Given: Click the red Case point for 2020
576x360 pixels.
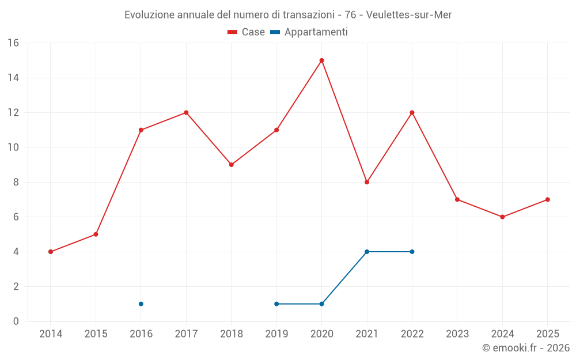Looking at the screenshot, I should point(321,60).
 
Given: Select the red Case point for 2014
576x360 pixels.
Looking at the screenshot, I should point(51,252).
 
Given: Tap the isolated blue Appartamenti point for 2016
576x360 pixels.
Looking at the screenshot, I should point(141,304).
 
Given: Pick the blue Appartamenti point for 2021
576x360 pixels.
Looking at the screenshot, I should point(367,252).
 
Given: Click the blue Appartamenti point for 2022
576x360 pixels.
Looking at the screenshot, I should point(412,252).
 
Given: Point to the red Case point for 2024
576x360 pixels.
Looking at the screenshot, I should point(502,217).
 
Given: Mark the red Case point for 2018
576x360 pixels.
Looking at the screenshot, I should point(232,165).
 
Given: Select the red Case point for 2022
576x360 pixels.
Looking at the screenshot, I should point(412,112).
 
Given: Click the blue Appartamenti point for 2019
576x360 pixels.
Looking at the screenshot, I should point(276,304).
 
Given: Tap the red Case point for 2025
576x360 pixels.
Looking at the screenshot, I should point(547,199).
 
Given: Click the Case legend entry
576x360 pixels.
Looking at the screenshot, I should point(247,32).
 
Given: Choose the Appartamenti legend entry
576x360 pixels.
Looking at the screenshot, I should point(309,32).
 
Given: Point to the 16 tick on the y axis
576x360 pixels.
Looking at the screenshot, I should point(13,43).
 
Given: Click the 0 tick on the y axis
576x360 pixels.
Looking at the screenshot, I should point(16,321).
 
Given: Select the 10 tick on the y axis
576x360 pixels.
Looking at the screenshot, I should point(13,147).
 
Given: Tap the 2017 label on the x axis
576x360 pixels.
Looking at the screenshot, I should point(186,334).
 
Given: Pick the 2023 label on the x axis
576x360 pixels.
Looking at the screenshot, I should point(457,334).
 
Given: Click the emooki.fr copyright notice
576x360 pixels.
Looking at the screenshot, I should point(526,348).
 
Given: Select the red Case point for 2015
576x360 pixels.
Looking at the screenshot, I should point(96,234).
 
